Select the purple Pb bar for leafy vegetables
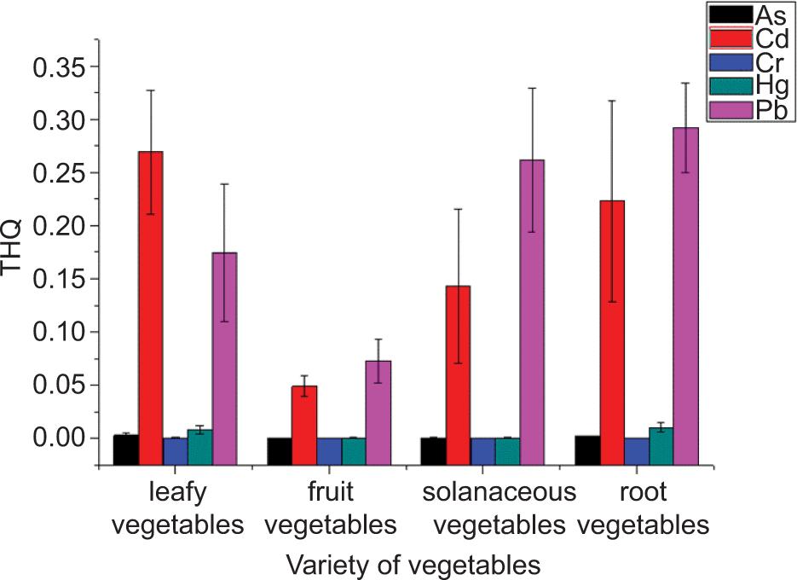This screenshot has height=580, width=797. point(224,345)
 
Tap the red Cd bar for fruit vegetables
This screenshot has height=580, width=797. point(304,411)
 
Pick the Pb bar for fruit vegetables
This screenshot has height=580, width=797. point(378,399)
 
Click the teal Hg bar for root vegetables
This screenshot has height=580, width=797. point(661,432)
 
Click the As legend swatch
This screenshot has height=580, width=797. point(731,14)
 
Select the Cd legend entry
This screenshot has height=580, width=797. point(750,38)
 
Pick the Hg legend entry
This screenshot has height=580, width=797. point(750,86)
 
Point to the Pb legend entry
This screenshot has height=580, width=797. point(750,110)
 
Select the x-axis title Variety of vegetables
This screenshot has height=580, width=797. point(413,564)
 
